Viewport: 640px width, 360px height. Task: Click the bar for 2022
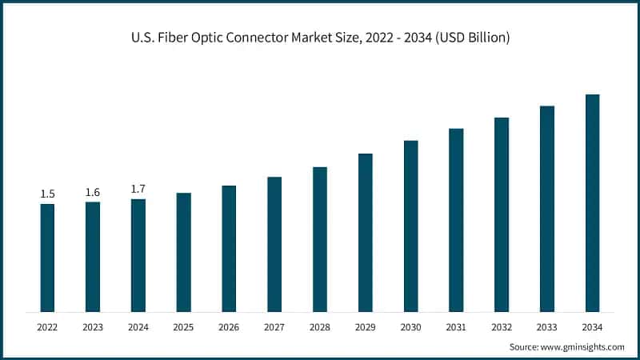[47, 258]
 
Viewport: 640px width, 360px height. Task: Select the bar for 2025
[183, 252]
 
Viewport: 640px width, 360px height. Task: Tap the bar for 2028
[320, 239]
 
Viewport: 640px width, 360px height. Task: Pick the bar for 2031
[456, 220]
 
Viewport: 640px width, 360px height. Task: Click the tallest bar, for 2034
[593, 203]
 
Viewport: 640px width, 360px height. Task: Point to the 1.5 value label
[47, 194]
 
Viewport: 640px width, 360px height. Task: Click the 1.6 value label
[93, 192]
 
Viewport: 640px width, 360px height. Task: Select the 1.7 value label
[138, 189]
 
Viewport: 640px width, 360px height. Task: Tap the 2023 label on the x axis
[93, 327]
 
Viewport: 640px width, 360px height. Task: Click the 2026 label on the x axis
[229, 327]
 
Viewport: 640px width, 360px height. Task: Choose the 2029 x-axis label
[366, 327]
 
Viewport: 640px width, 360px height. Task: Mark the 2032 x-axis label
[502, 327]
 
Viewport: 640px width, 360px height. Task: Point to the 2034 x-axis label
[593, 327]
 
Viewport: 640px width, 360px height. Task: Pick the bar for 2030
[411, 226]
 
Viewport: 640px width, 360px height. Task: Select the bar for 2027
[274, 244]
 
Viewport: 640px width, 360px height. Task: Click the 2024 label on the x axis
[138, 327]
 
